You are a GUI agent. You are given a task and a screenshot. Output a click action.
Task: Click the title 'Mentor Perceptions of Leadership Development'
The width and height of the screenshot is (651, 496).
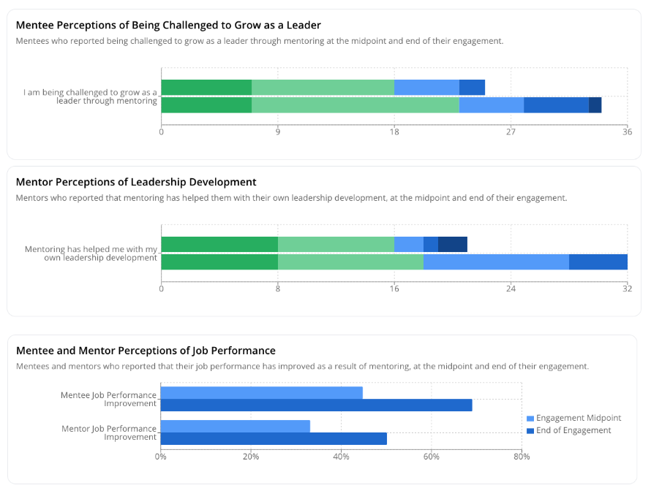coord(136,182)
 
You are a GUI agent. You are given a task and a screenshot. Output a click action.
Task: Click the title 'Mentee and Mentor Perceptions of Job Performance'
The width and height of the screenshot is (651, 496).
coord(146,351)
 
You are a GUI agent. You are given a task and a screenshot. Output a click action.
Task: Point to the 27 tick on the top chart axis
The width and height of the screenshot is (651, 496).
coord(511,132)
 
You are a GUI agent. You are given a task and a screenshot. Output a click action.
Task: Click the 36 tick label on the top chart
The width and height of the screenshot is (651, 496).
coord(627,132)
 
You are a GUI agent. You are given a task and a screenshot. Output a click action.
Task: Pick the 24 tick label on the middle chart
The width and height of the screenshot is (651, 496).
coord(511,289)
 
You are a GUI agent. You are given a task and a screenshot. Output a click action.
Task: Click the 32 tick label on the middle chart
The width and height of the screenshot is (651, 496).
coord(627,289)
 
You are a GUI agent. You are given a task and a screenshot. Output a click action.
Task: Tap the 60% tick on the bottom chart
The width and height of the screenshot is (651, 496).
coord(432,457)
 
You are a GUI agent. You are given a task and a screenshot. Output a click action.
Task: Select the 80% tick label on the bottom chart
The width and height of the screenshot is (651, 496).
coord(522,457)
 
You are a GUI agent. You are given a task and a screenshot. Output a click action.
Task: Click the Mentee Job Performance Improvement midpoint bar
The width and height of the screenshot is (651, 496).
coord(261,393)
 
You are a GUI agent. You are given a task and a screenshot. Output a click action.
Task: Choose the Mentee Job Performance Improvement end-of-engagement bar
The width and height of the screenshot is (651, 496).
coord(316,405)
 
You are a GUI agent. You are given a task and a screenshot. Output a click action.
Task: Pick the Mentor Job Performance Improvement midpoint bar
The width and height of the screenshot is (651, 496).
coord(235,427)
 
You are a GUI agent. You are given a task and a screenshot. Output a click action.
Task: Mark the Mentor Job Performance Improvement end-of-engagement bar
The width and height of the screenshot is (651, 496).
coord(274,438)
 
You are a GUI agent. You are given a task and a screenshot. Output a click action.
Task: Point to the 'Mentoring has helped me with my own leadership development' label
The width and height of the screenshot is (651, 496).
coord(91,253)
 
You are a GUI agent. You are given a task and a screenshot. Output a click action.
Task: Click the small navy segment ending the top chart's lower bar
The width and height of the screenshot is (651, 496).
coord(595,105)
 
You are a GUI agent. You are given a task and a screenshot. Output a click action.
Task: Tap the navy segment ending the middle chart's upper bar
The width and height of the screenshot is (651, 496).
coord(452,245)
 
